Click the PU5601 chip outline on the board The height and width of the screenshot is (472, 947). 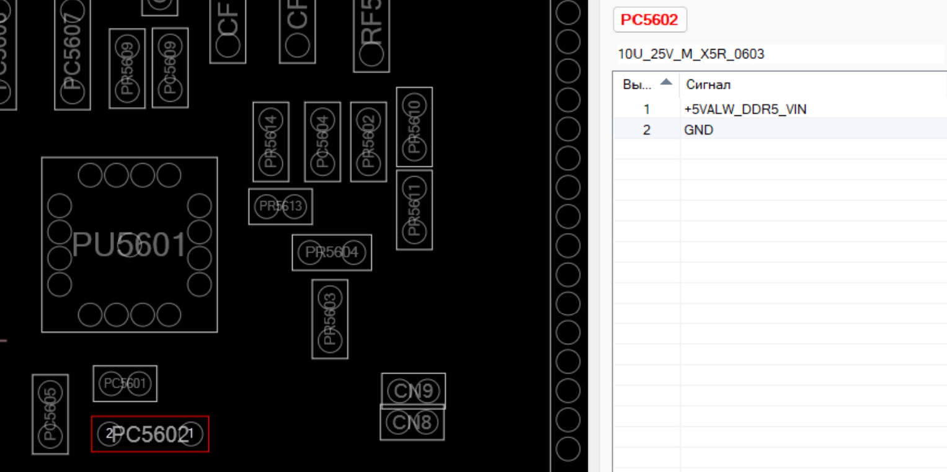pos(129,244)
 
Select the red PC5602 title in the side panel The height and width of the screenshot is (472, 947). pos(649,20)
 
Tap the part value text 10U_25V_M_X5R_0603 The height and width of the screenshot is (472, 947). pos(691,54)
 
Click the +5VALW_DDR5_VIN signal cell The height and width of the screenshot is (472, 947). pos(745,109)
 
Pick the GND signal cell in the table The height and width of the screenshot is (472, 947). pos(698,130)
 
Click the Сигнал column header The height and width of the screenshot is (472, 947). pos(708,84)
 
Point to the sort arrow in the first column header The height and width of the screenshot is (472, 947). pos(666,82)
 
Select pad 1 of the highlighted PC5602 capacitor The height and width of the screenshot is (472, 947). pos(191,434)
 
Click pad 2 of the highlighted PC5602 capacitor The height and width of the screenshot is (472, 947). pos(109,434)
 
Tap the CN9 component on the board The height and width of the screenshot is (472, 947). pos(413,391)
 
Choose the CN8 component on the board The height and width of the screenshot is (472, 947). pos(412,422)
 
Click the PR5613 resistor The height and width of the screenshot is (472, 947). pos(280,206)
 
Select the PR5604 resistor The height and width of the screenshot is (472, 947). pos(332,252)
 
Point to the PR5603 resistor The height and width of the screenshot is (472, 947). pos(330,319)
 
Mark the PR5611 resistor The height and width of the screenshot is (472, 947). pos(414,210)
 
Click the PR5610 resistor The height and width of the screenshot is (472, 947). pos(414,127)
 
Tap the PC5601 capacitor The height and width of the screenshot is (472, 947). pos(125,383)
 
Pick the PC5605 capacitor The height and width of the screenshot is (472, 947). pos(50,414)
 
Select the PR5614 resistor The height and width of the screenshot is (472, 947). pos(271,141)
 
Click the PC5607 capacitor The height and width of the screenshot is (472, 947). pos(73,55)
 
